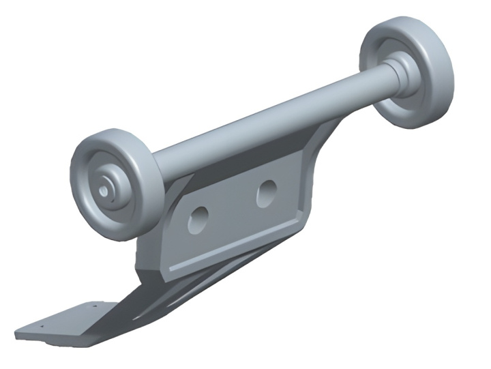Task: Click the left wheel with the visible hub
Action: pyautogui.click(x=113, y=184)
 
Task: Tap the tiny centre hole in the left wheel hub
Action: pyautogui.click(x=102, y=192)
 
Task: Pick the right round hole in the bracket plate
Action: pyautogui.click(x=267, y=193)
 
